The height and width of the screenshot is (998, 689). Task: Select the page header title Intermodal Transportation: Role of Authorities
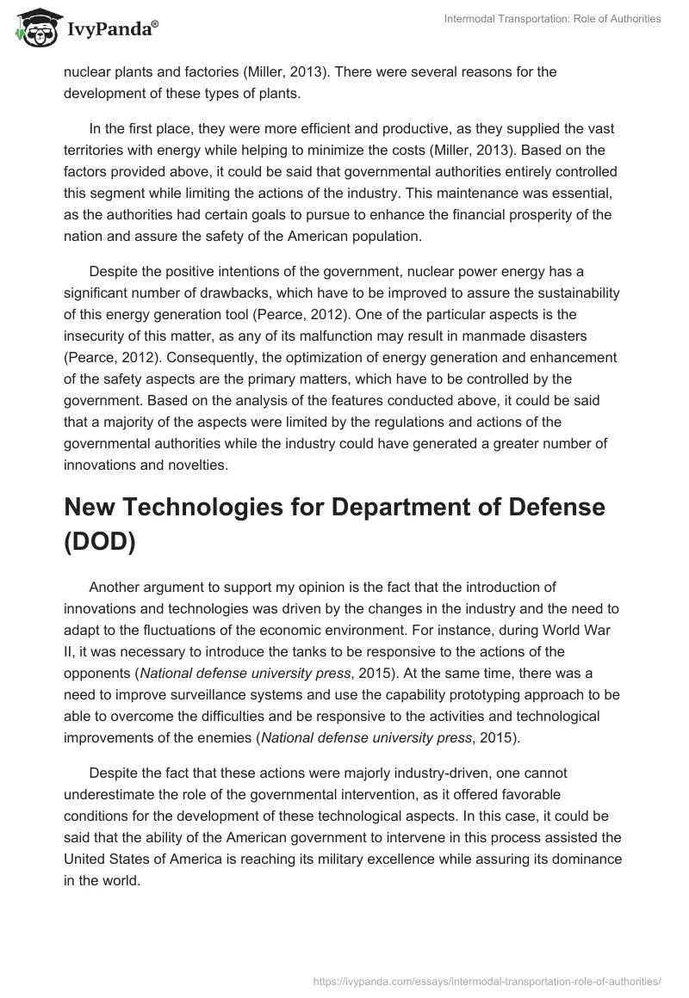(551, 19)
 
